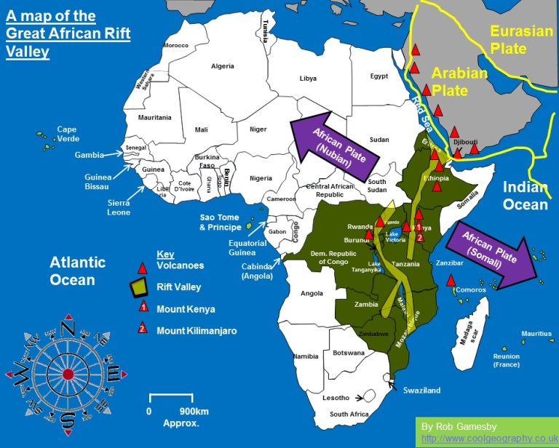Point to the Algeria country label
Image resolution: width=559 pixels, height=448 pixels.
222,66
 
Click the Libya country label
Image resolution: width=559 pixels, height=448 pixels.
308,78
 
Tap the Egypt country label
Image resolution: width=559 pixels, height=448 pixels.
378,76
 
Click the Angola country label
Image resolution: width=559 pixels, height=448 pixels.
311,293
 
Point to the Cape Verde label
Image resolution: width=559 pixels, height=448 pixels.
67,135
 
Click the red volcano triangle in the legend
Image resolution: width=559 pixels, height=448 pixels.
143,265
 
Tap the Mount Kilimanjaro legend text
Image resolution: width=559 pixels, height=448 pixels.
197,331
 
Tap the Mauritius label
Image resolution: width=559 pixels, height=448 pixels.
536,334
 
